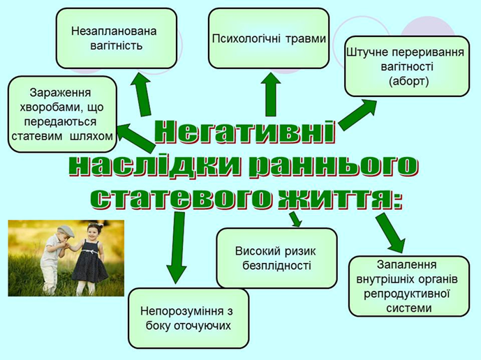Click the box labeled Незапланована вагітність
coord(117,38)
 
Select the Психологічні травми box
coord(269,38)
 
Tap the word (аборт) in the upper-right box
coord(408,81)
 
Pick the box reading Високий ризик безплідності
coord(276,258)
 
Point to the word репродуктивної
coord(407,294)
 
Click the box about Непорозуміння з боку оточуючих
coord(188,318)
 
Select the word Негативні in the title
coord(244,133)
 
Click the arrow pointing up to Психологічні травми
coord(271,94)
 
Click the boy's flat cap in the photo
coord(66,231)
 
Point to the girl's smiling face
coord(92,232)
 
